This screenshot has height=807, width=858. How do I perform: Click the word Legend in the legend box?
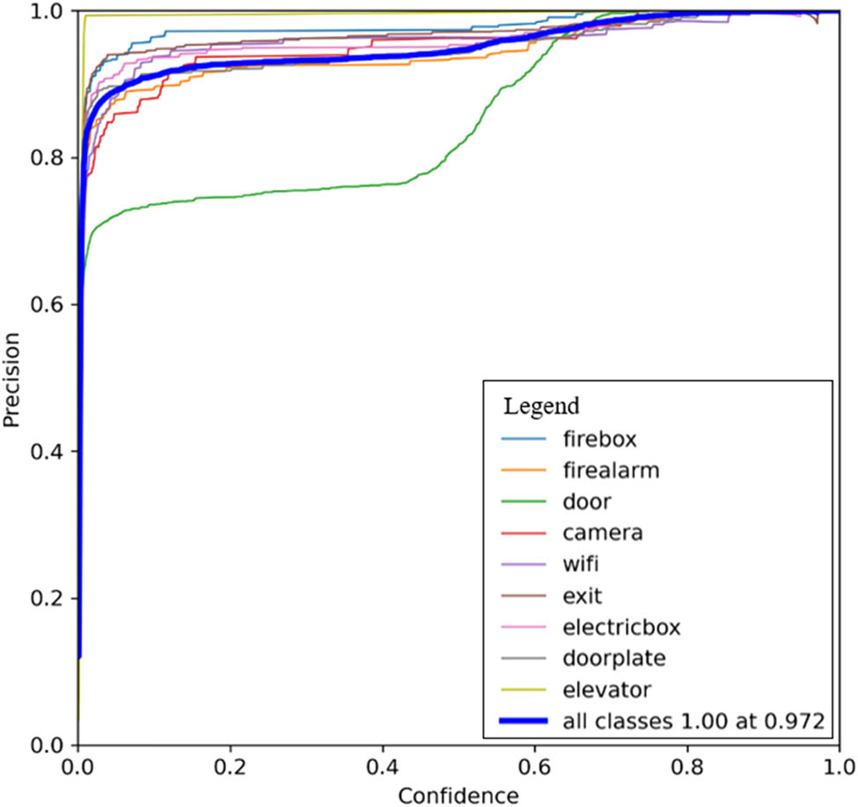[x=540, y=407]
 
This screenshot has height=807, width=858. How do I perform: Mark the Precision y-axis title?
[x=11, y=378]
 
